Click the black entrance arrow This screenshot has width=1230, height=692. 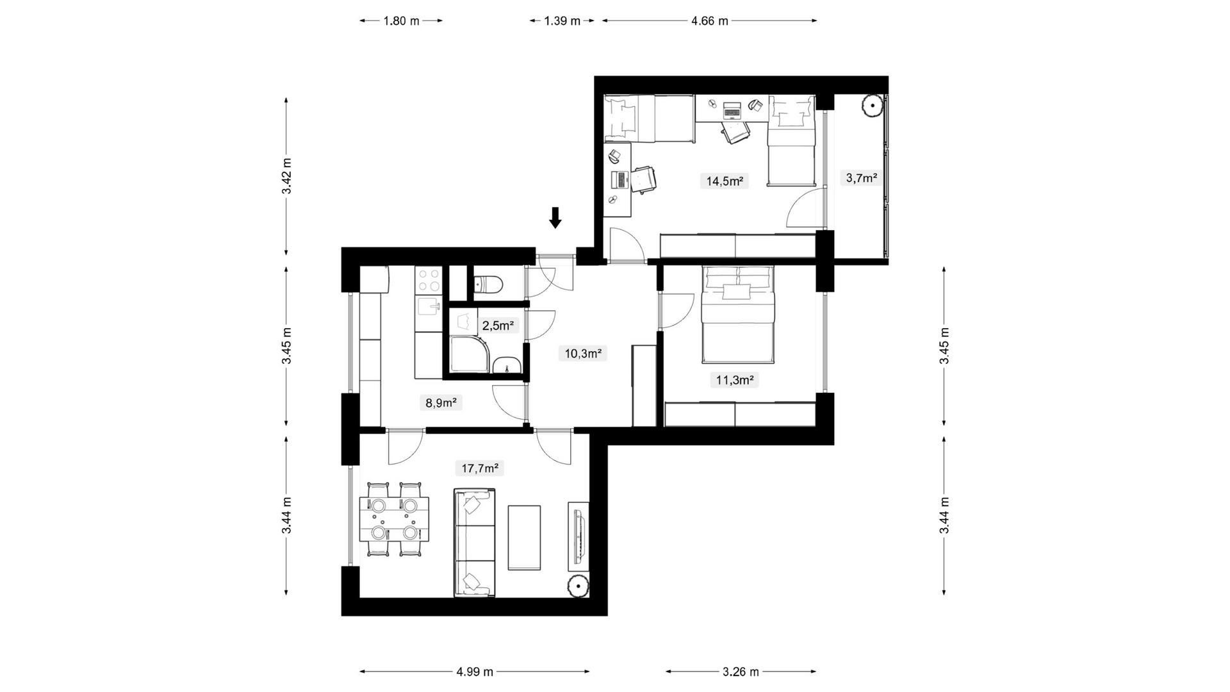click(555, 218)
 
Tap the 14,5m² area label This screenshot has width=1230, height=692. click(725, 181)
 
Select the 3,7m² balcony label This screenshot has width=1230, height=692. click(861, 178)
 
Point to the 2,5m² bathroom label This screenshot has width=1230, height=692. click(498, 325)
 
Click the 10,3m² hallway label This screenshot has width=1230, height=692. click(583, 353)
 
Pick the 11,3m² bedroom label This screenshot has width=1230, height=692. click(734, 380)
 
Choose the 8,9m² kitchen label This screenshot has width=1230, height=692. click(441, 402)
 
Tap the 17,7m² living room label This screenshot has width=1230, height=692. click(480, 468)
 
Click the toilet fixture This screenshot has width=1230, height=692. click(489, 283)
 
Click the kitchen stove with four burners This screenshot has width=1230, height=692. click(428, 281)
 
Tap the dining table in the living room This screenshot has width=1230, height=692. click(395, 519)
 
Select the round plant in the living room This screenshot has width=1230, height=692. click(578, 586)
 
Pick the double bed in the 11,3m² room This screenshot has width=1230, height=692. click(738, 315)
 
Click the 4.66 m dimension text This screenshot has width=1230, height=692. click(710, 21)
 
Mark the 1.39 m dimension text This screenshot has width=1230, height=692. click(562, 21)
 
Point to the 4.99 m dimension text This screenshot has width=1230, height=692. click(475, 671)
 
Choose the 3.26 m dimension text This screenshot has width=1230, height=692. click(741, 671)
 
